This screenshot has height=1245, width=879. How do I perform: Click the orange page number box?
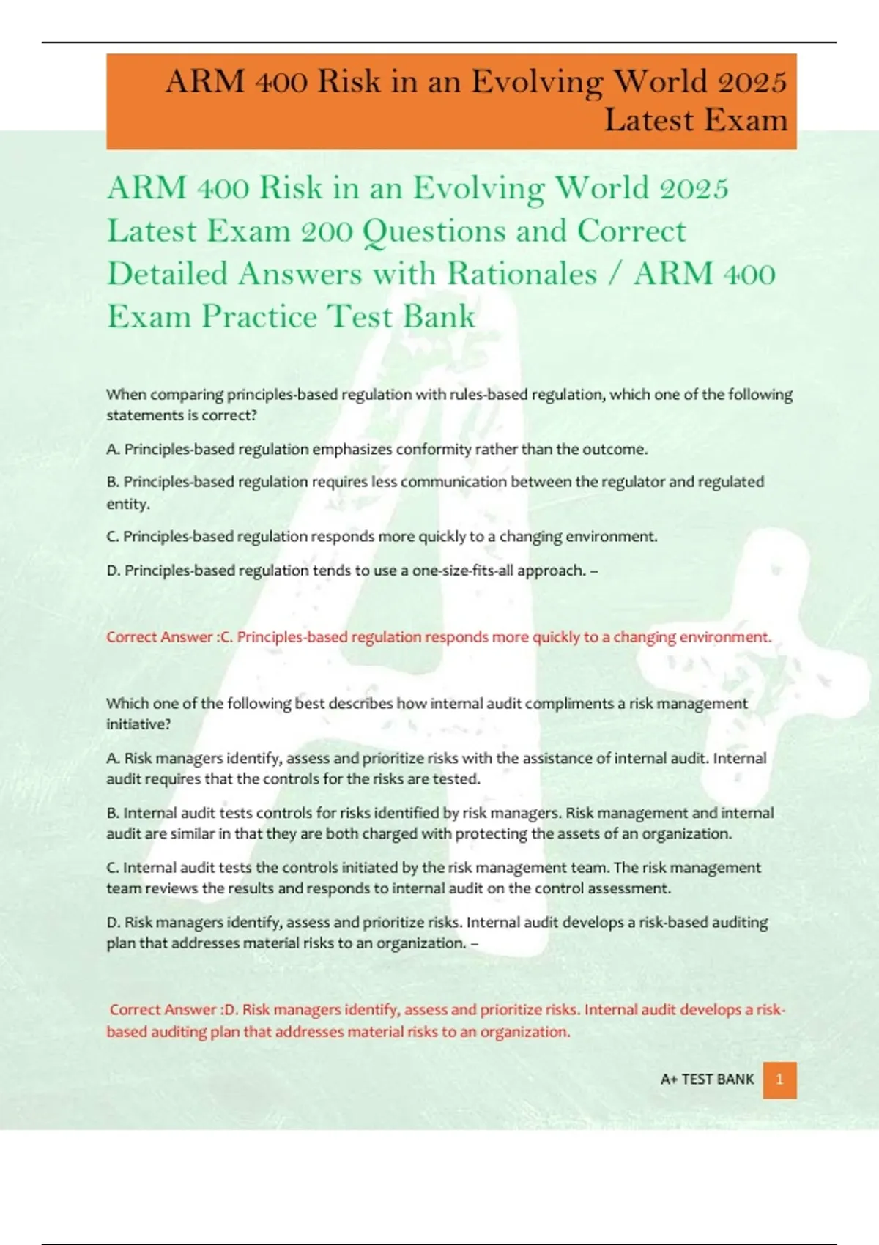[779, 1079]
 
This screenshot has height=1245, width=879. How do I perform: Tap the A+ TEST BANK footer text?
[707, 1079]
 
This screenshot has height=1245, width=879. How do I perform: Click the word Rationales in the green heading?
[522, 274]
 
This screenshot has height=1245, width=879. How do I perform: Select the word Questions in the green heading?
[434, 231]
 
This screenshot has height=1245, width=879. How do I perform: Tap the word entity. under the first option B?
[128, 504]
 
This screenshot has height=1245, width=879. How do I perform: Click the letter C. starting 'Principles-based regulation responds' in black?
[113, 537]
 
